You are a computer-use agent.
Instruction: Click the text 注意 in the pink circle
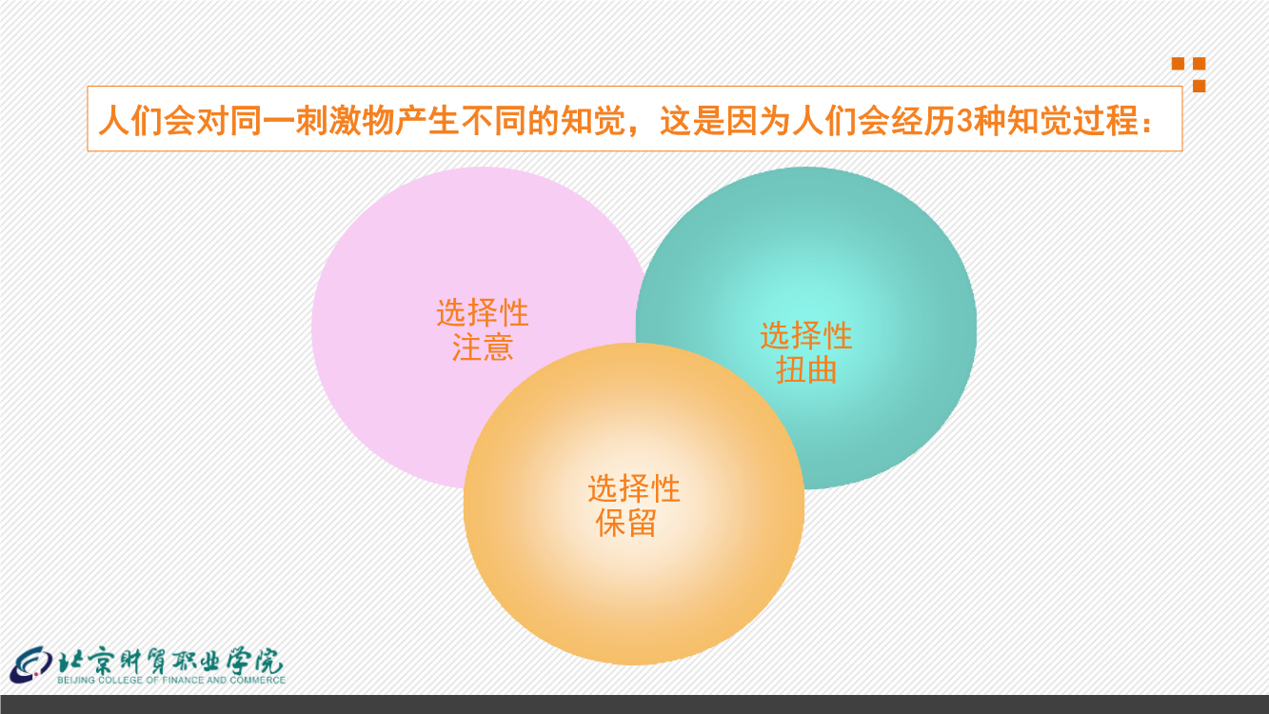[x=483, y=347]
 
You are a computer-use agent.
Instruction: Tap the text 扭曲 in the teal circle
[x=806, y=370]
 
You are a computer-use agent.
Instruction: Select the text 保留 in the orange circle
[x=626, y=523]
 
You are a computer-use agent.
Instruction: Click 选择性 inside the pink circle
[x=483, y=313]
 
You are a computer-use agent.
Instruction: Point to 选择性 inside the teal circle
[x=806, y=336]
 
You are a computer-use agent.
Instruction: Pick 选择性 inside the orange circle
[x=634, y=488]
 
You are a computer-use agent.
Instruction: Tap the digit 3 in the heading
[x=965, y=121]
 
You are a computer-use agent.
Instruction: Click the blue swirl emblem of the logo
[x=30, y=664]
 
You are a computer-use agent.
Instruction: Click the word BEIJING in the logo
[x=76, y=680]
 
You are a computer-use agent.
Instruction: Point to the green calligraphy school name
[x=170, y=660]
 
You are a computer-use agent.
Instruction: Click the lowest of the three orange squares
[x=1200, y=86]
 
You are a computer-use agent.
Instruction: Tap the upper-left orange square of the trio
[x=1179, y=64]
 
